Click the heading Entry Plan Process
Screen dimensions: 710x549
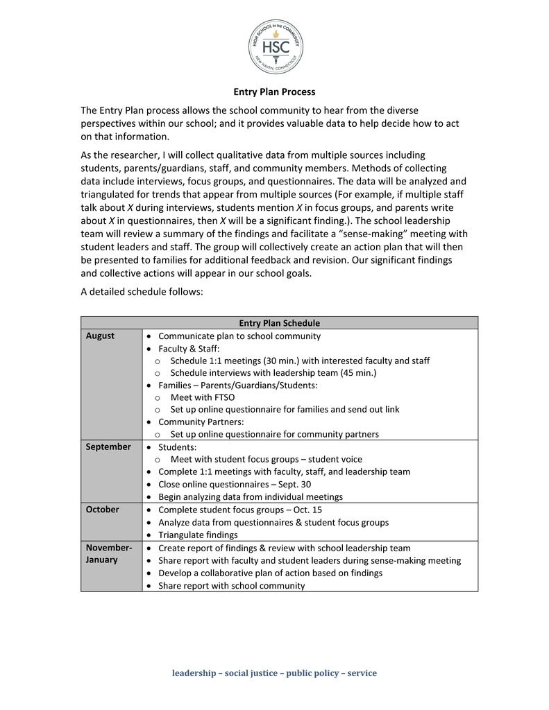pyautogui.click(x=273, y=92)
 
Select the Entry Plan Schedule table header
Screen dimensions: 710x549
pyautogui.click(x=279, y=322)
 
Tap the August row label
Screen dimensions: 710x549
pyautogui.click(x=101, y=336)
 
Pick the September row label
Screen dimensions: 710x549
pyautogui.click(x=108, y=447)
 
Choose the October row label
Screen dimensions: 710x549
pyautogui.click(x=103, y=509)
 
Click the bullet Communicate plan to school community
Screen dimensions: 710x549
pyautogui.click(x=239, y=336)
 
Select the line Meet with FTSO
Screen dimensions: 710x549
pyautogui.click(x=201, y=397)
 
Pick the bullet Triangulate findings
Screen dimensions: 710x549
pyautogui.click(x=198, y=535)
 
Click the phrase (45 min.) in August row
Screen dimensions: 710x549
pyautogui.click(x=357, y=373)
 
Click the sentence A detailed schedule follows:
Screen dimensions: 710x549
pyautogui.click(x=142, y=292)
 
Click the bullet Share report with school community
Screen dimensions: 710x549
pyautogui.click(x=231, y=585)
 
